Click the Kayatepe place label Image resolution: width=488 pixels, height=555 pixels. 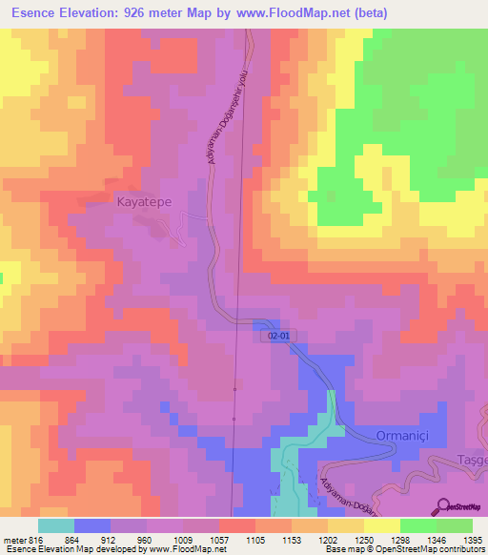pyautogui.click(x=143, y=202)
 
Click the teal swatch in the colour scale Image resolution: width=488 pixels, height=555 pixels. pyautogui.click(x=56, y=525)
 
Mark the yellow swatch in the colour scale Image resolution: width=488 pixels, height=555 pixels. pyautogui.click(x=381, y=525)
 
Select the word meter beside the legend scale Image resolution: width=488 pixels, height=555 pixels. pyautogui.click(x=14, y=541)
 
